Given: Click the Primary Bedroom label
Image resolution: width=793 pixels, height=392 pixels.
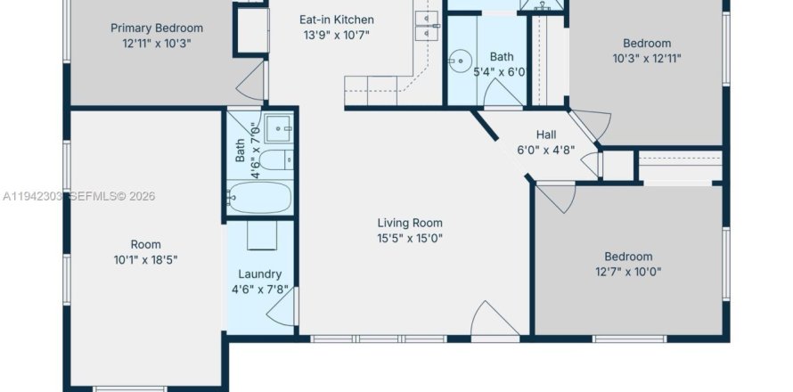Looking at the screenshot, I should [x=156, y=28].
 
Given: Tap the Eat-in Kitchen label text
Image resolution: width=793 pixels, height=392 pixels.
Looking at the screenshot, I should [x=335, y=20].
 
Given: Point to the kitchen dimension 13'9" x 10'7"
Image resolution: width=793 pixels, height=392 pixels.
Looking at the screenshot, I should [x=335, y=36].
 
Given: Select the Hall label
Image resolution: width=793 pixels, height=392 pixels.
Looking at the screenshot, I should [x=546, y=135].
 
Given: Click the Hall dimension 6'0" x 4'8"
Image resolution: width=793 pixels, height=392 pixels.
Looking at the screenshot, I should [x=546, y=151].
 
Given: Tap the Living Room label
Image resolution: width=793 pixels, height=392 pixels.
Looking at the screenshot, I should [x=410, y=223].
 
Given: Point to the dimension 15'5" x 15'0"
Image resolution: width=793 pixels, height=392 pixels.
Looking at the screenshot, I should [x=410, y=238].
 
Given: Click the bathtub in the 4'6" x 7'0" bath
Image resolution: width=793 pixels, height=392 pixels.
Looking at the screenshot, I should [x=259, y=197].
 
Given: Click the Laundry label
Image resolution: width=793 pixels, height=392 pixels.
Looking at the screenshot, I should [x=260, y=274].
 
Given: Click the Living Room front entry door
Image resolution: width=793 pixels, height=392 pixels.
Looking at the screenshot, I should [x=494, y=321].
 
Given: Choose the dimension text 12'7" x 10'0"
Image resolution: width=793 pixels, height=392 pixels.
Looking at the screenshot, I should [x=628, y=272].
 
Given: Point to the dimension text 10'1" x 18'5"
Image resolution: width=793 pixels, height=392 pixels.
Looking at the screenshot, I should [x=146, y=260].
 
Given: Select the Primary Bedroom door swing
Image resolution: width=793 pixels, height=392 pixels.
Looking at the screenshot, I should [x=253, y=84].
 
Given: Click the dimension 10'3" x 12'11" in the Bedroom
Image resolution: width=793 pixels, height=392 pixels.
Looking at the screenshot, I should [x=647, y=59].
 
